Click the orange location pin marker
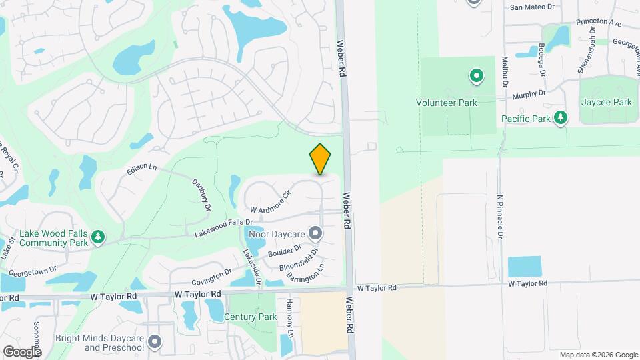(320, 159)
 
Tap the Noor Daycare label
(276, 234)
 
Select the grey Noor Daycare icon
(315, 233)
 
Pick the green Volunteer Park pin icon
(477, 77)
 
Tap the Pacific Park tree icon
(561, 118)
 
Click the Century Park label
(251, 317)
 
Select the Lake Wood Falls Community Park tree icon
(98, 237)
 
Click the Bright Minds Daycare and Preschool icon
(155, 342)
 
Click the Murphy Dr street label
(529, 95)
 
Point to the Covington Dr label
(211, 277)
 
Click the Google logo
(21, 351)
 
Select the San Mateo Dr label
(532, 7)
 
